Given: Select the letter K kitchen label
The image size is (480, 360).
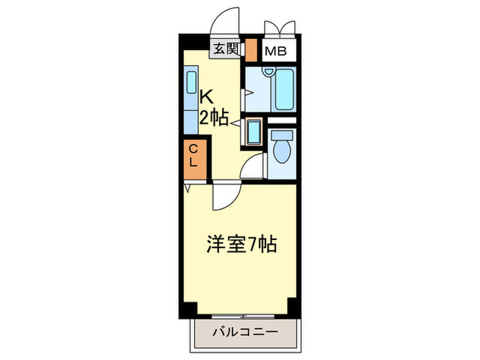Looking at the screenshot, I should pyautogui.click(x=205, y=97).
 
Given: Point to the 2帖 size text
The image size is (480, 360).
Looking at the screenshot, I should pyautogui.click(x=213, y=117).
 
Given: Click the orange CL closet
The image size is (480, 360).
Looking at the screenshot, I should pyautogui.click(x=193, y=158).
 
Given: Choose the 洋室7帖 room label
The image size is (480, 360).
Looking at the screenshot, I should pyautogui.click(x=241, y=243).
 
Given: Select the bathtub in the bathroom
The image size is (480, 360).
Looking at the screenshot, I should pyautogui.click(x=283, y=90).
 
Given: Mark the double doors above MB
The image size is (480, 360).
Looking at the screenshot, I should pyautogui.click(x=278, y=25).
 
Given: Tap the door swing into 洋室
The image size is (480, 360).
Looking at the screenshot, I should pyautogui.click(x=224, y=196).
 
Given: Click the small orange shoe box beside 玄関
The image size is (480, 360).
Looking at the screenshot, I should pyautogui.click(x=251, y=51).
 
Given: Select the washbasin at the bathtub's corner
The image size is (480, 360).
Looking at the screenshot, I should pyautogui.click(x=269, y=71).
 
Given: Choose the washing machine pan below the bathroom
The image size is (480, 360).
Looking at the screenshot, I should pyautogui.click(x=254, y=130).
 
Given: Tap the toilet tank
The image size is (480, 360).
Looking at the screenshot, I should pyautogui.click(x=281, y=135).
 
